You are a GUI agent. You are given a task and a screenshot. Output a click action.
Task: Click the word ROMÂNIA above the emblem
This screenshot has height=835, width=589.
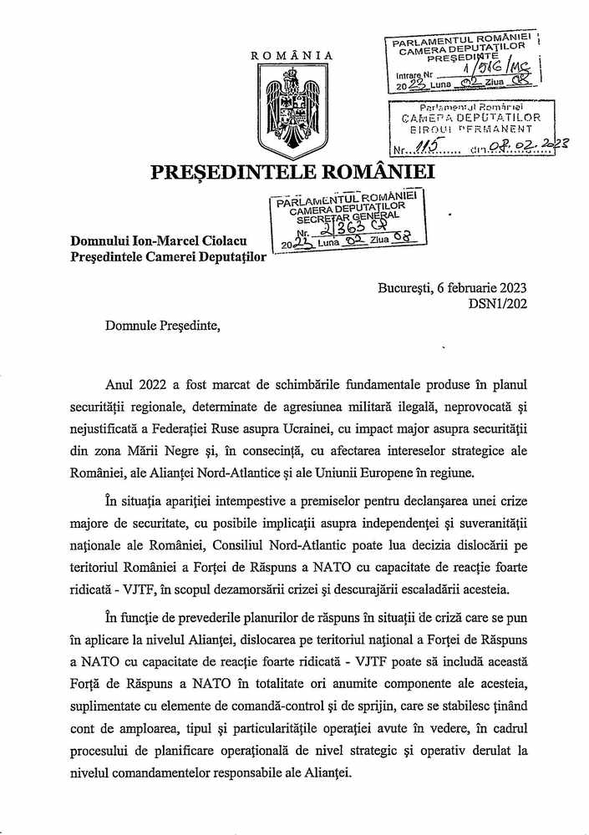[292, 56]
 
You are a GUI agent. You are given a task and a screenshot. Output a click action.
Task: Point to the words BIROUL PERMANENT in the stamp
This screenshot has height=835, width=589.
[471, 130]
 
